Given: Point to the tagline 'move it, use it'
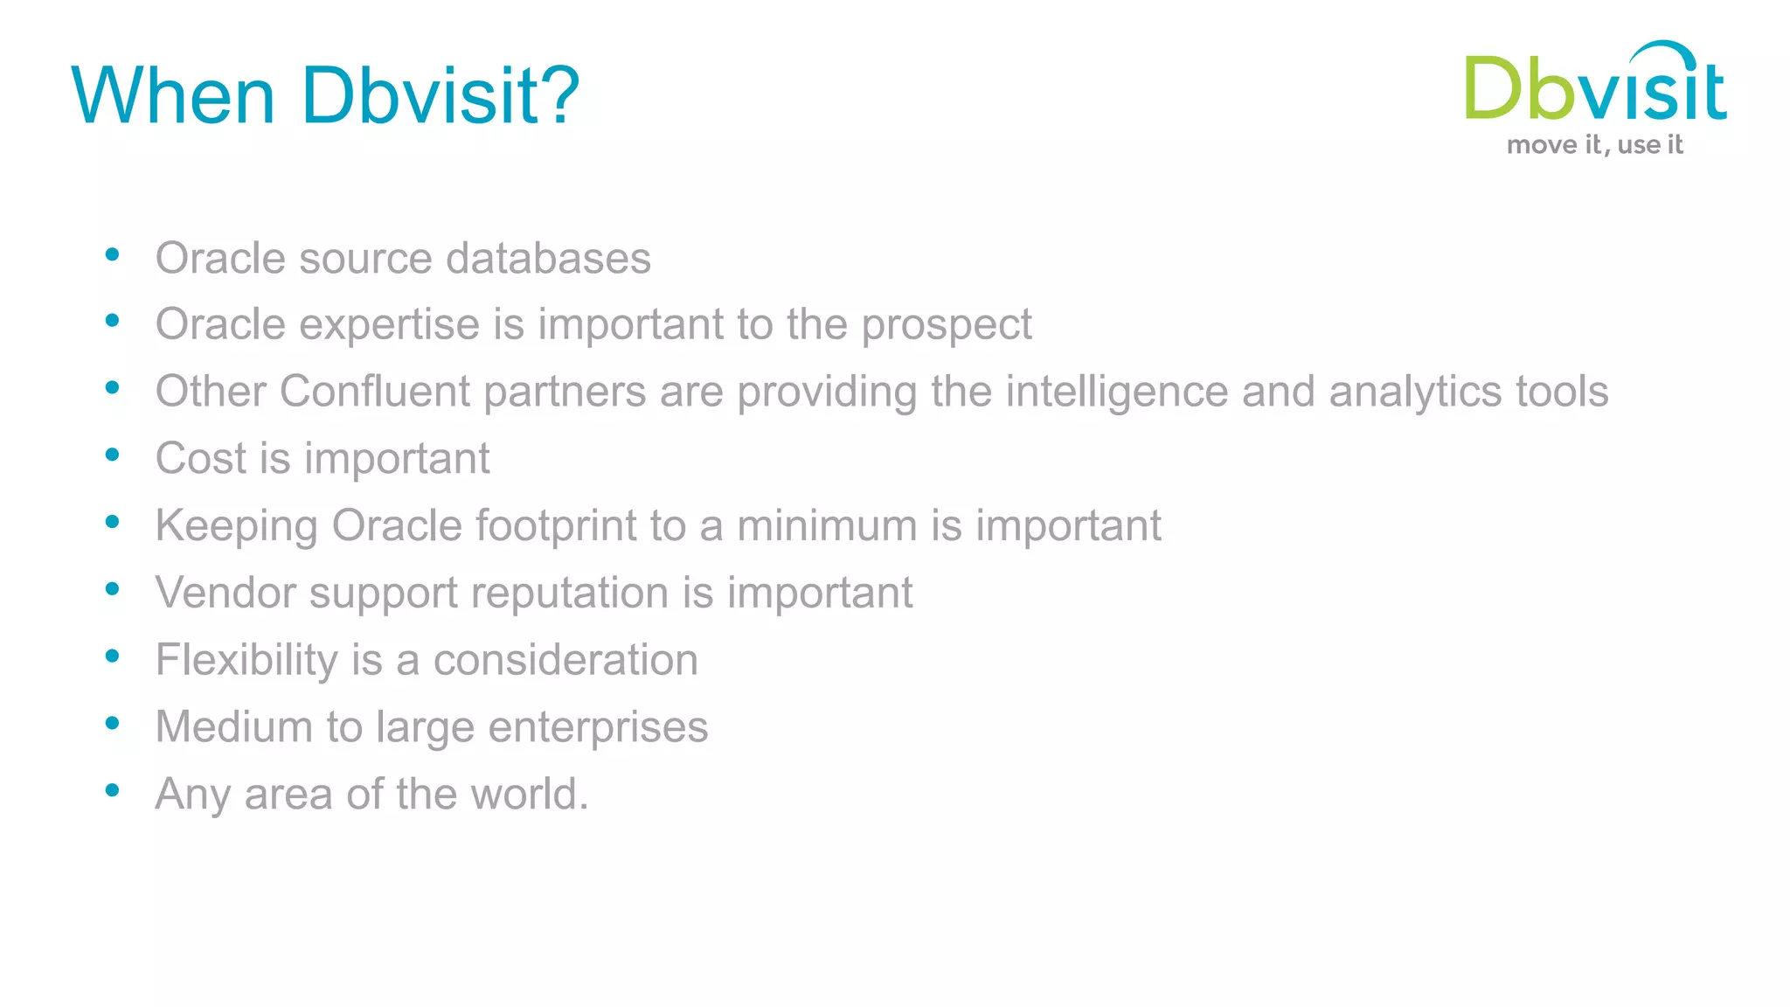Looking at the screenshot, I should [x=1594, y=145].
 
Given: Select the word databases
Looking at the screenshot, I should [x=548, y=258].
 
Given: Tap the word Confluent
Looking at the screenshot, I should [x=375, y=391].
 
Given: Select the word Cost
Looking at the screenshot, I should [x=201, y=458].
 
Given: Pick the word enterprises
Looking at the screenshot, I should [x=598, y=727].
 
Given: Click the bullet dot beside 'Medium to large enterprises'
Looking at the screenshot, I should [x=112, y=723].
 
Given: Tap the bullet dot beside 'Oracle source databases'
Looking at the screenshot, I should [x=112, y=254].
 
